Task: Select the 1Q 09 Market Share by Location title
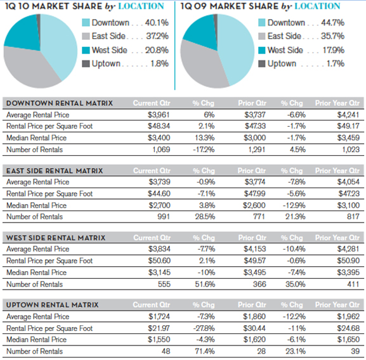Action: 260,6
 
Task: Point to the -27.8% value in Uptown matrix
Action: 207,328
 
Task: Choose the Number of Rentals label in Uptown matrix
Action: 34,351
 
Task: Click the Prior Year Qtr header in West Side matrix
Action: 337,238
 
